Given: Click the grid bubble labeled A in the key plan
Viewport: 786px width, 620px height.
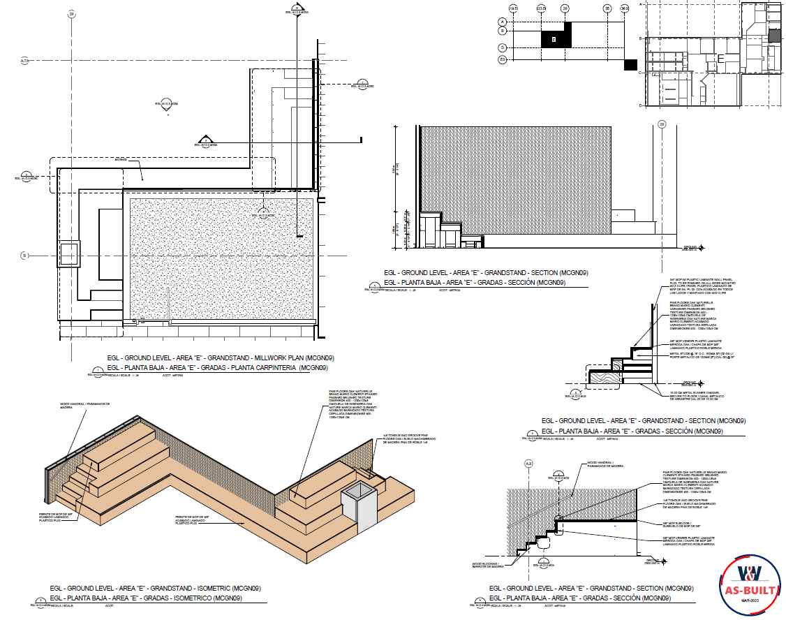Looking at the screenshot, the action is (501, 22).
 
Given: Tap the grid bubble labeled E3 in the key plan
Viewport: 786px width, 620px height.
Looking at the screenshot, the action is (501, 60).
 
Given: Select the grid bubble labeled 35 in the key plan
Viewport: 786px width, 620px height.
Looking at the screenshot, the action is (607, 8).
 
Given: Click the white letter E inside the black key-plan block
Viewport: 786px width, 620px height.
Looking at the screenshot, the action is (554, 40).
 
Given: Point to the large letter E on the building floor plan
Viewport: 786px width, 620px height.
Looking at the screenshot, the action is (720, 59).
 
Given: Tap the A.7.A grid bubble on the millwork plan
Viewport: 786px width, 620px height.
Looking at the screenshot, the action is (24, 61).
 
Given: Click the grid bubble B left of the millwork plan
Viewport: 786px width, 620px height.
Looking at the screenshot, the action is (24, 256).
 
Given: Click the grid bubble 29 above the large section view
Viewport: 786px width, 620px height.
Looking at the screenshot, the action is (662, 124).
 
